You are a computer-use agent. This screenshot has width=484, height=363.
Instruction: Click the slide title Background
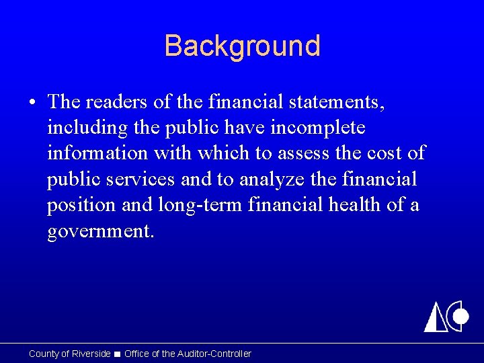click(242, 46)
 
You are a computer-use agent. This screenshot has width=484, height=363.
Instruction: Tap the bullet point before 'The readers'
click(33, 103)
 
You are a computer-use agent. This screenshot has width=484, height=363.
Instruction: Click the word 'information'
click(97, 153)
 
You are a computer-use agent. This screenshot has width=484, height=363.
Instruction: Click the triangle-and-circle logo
click(446, 316)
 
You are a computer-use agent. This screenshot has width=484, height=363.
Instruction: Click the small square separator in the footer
click(118, 354)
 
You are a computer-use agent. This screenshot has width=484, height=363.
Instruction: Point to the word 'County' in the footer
click(44, 354)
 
